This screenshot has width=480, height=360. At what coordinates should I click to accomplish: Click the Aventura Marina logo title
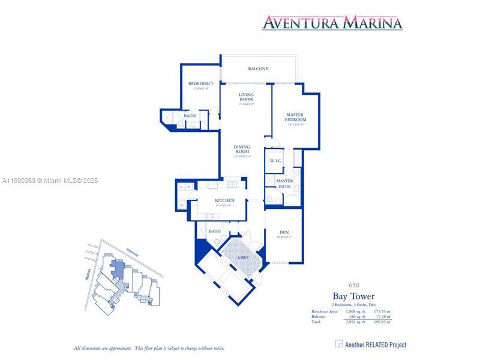click(x=332, y=23)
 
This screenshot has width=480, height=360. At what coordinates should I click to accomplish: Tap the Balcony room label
click(x=258, y=69)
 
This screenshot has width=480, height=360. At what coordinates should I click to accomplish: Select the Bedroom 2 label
click(x=201, y=84)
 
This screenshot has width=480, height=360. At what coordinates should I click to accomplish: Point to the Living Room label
click(x=246, y=97)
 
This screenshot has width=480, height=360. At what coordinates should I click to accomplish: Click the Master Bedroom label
click(x=295, y=117)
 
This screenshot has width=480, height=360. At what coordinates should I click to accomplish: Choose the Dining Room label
click(x=242, y=149)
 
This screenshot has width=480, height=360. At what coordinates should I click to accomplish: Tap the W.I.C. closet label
click(x=276, y=161)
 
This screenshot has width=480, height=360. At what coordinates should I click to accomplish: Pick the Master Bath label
click(x=284, y=184)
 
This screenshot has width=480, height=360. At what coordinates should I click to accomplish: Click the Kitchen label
click(x=225, y=200)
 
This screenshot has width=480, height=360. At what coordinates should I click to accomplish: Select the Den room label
click(x=284, y=233)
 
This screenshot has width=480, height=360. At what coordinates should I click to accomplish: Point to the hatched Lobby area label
click(x=244, y=257)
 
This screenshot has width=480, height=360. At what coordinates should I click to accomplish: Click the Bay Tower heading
click(x=353, y=296)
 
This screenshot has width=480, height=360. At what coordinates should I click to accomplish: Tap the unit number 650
click(x=353, y=284)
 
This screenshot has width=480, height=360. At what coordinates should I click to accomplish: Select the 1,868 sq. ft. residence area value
click(x=355, y=311)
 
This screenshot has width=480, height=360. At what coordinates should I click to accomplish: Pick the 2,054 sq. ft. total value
click(x=355, y=322)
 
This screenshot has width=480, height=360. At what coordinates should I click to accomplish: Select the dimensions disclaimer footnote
click(x=149, y=348)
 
